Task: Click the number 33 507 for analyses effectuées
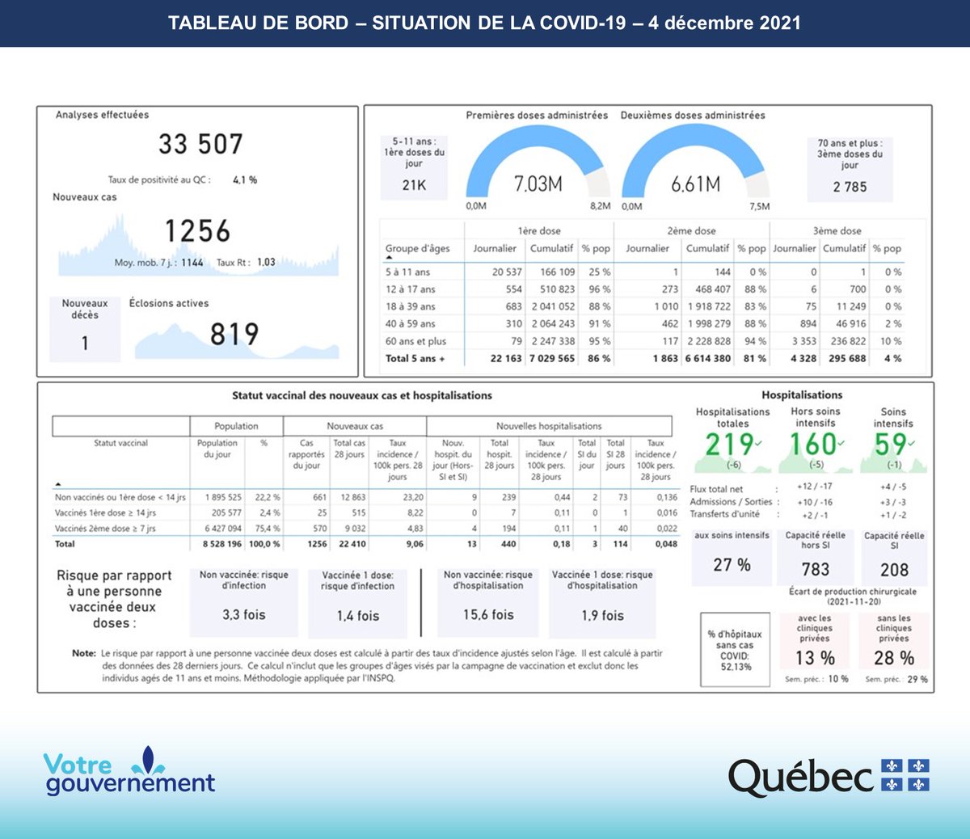200,145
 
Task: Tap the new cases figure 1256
197,231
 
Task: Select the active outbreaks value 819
234,334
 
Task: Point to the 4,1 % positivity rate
245,180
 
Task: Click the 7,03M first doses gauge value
538,184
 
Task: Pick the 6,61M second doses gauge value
695,184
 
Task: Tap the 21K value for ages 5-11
414,185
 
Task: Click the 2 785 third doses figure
850,187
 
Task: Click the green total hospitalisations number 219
729,445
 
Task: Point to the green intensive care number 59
890,445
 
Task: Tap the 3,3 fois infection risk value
243,615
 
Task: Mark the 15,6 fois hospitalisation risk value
488,615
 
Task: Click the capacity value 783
815,570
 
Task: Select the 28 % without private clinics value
894,658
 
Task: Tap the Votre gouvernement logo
129,772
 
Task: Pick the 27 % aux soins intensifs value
732,565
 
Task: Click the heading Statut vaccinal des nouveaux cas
361,396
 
